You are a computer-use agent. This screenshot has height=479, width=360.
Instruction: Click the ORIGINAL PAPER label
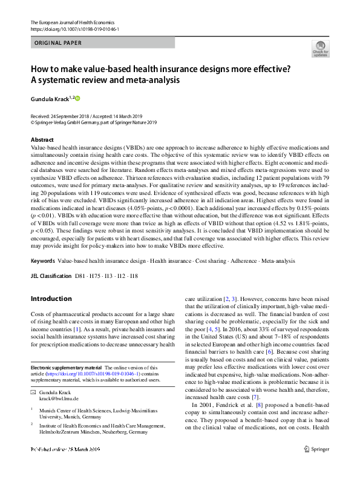[58, 43]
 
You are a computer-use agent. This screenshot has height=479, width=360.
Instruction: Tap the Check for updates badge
[320, 49]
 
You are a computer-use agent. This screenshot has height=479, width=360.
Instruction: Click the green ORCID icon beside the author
[77, 97]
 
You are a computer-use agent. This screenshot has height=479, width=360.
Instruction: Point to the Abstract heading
[42, 139]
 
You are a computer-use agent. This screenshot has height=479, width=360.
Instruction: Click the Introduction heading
[51, 299]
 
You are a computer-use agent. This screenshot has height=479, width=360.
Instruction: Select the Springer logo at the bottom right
[317, 467]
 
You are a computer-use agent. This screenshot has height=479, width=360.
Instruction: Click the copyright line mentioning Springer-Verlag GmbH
[93, 122]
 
